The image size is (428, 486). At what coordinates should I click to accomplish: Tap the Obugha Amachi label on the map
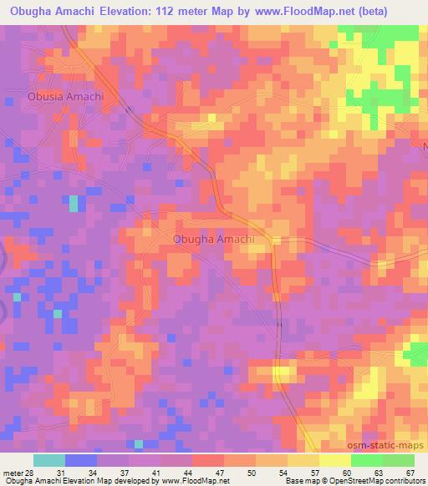(x=213, y=239)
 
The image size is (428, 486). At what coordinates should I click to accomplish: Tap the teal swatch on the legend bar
(x=49, y=460)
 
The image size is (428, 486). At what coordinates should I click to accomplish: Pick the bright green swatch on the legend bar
(x=367, y=460)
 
